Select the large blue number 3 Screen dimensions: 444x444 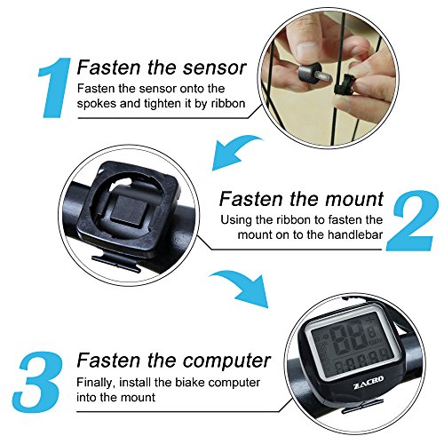[x=38, y=380]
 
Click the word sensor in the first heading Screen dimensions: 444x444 [x=214, y=67]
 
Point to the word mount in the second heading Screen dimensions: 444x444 [x=354, y=199]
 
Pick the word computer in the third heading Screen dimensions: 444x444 [x=226, y=361]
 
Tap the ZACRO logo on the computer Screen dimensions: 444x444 [x=369, y=382]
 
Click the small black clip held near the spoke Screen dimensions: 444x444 [x=344, y=85]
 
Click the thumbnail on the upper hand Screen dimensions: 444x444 [x=307, y=50]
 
